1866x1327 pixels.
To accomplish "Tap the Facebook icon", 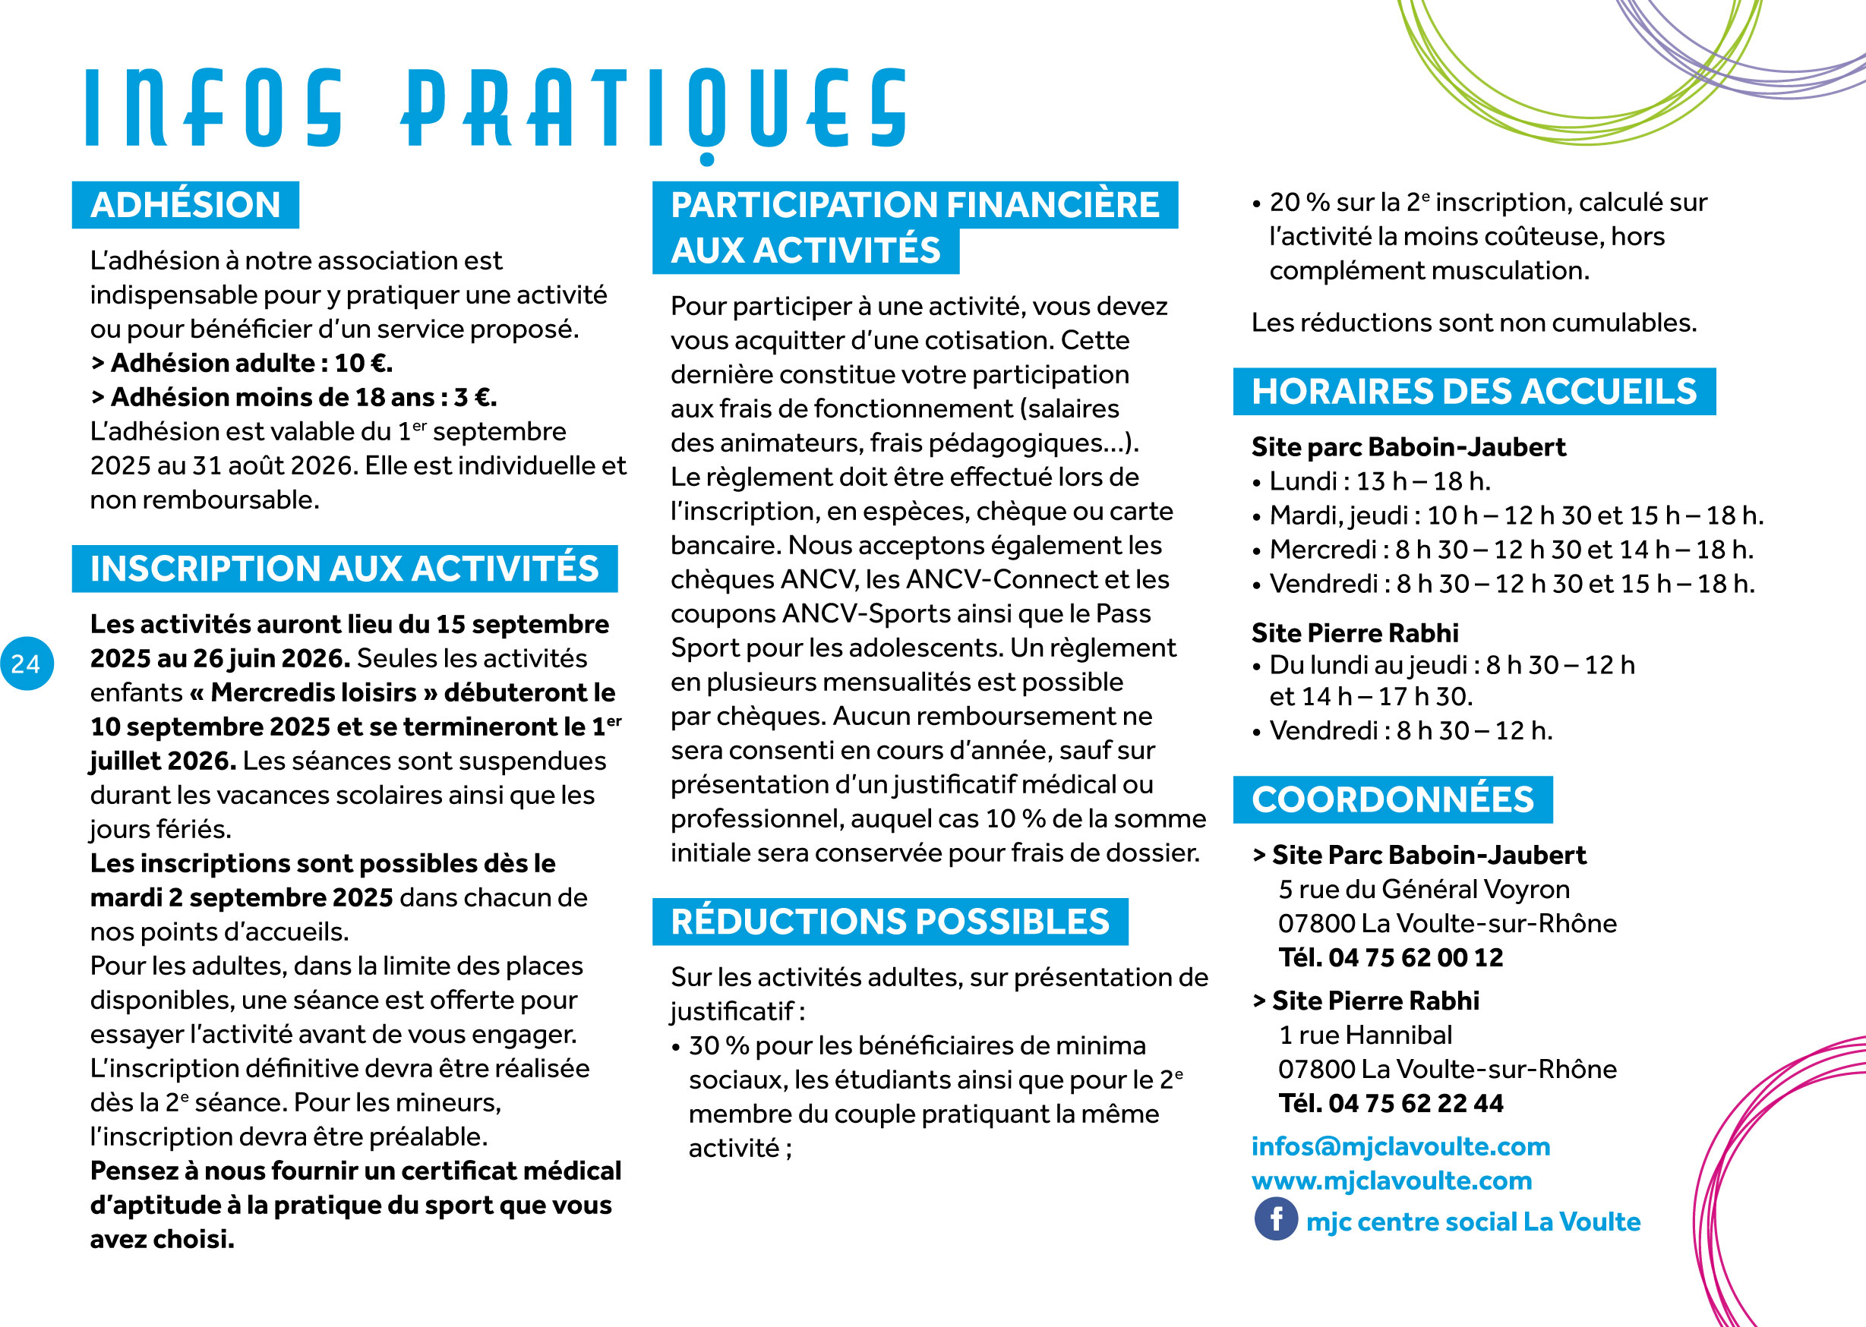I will (1275, 1219).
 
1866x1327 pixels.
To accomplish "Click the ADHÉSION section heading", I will (185, 205).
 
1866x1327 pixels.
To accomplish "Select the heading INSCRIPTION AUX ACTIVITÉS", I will (344, 569).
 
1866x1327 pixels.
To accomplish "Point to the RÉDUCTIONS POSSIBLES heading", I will (889, 922).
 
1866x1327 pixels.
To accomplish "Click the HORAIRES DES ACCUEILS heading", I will (1473, 392).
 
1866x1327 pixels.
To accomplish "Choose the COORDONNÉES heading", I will (1392, 799).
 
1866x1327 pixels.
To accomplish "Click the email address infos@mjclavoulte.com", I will (1400, 1146).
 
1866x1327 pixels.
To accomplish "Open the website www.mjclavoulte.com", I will (1391, 1180).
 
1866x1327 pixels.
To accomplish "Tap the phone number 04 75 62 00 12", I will (1416, 957).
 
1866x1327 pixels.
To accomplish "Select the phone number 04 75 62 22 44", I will (1416, 1103).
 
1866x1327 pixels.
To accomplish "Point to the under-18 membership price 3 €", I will (474, 397).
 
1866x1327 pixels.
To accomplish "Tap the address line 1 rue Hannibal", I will (1365, 1035).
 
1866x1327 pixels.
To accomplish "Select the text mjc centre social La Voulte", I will (1473, 1221).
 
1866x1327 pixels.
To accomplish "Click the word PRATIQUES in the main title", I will (654, 110).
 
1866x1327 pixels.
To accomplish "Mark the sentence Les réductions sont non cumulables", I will (1473, 323).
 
